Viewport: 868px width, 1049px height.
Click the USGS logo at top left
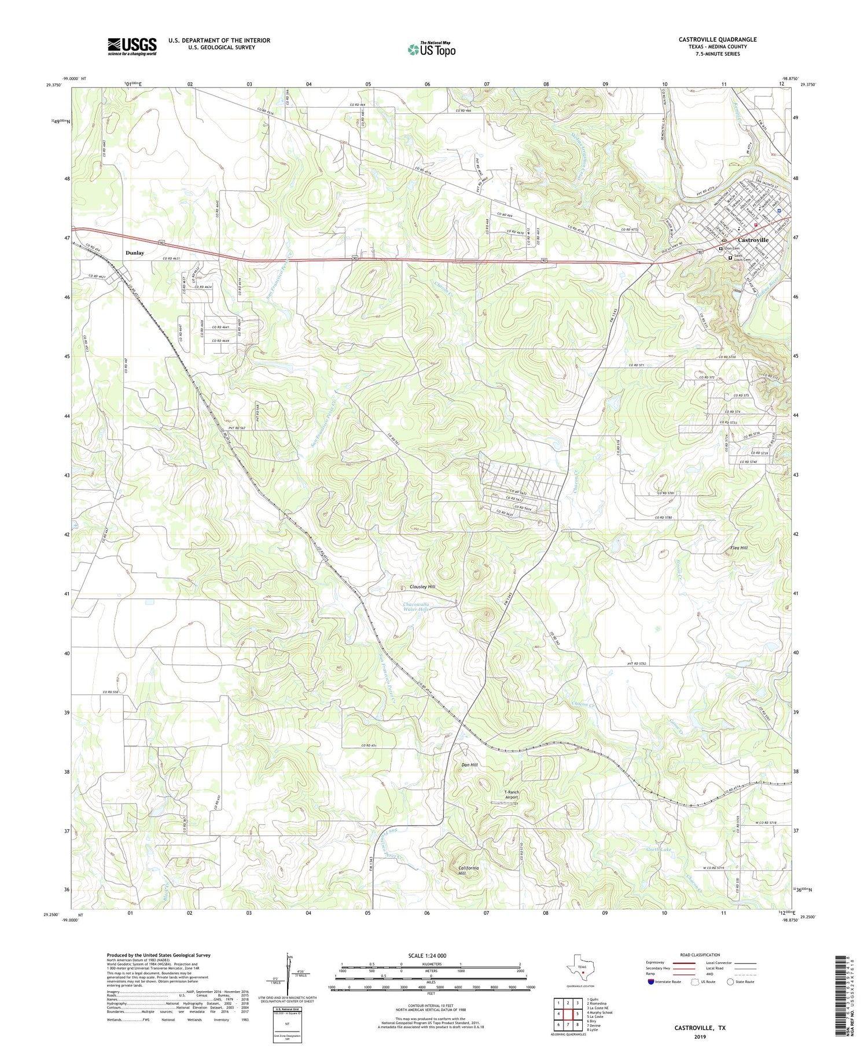132,46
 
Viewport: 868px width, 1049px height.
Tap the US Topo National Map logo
431,49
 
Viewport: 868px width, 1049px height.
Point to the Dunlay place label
135,253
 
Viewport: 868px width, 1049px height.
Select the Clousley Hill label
422,587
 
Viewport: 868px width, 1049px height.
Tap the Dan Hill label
469,765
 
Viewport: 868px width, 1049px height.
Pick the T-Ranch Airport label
512,794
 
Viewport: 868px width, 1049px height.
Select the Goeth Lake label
659,849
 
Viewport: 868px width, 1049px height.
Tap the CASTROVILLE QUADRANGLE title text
718,39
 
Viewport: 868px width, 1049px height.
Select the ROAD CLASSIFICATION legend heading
700,955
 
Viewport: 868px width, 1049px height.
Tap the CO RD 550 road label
112,692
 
